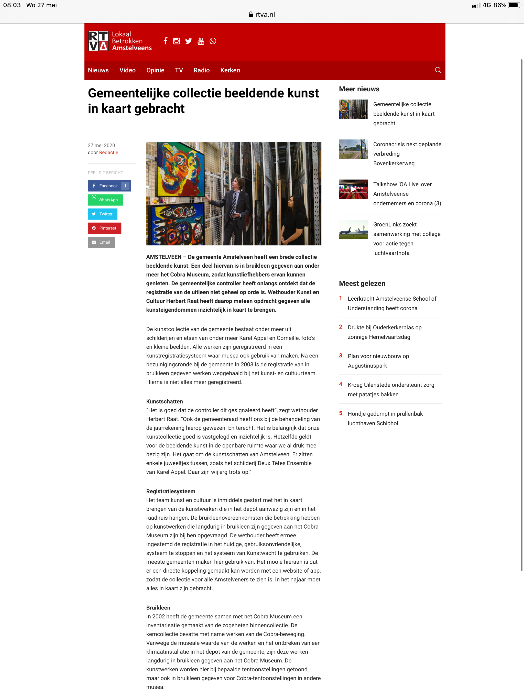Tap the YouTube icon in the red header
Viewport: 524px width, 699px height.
click(x=201, y=41)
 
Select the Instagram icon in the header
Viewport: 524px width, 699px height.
click(x=176, y=41)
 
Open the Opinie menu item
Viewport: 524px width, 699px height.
click(x=155, y=70)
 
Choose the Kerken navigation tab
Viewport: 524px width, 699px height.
click(x=230, y=70)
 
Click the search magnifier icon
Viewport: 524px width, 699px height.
click(x=438, y=70)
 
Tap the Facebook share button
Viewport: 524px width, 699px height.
click(x=109, y=186)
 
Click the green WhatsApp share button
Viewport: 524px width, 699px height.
click(x=105, y=200)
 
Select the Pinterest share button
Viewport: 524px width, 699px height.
click(x=105, y=228)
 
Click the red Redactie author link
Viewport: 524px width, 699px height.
click(x=109, y=152)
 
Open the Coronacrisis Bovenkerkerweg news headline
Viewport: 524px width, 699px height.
click(x=407, y=154)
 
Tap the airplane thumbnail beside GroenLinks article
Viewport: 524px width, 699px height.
click(x=353, y=230)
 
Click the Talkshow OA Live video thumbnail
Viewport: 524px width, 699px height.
click(x=353, y=189)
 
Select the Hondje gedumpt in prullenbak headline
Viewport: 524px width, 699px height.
click(x=385, y=418)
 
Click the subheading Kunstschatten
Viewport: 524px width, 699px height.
click(x=164, y=401)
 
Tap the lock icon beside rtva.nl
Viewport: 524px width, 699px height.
click(x=251, y=15)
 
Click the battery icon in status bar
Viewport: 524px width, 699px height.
click(x=514, y=5)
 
